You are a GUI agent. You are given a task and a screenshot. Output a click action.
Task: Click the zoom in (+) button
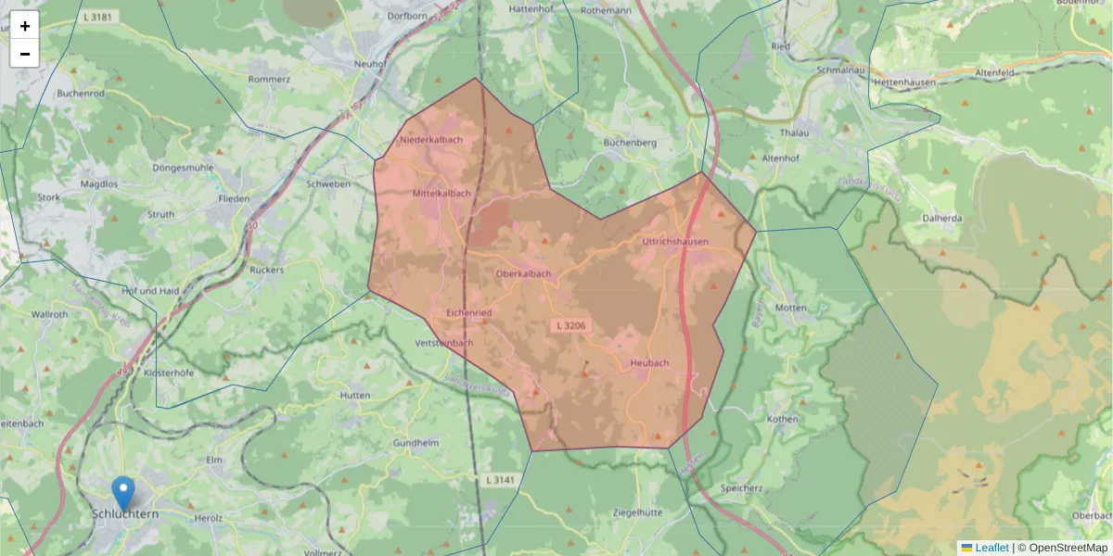[25, 26]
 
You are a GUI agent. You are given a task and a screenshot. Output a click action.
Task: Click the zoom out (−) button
[25, 54]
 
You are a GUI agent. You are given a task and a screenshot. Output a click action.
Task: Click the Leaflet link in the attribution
[991, 548]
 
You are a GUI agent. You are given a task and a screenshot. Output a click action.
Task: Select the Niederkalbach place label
[431, 140]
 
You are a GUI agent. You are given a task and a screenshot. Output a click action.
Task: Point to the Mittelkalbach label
[441, 194]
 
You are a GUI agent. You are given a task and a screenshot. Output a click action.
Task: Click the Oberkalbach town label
[524, 274]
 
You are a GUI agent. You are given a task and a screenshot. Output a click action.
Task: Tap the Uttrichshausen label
[675, 242]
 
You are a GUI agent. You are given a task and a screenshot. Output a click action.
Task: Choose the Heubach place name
[649, 363]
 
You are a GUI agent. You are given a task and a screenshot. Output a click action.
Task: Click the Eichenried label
[469, 313]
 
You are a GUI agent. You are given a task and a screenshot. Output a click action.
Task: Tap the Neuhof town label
[369, 64]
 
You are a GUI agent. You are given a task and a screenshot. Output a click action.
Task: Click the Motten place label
[791, 307]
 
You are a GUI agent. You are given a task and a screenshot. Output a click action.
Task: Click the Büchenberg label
[630, 143]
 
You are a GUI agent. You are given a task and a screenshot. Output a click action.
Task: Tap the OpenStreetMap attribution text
[1068, 548]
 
